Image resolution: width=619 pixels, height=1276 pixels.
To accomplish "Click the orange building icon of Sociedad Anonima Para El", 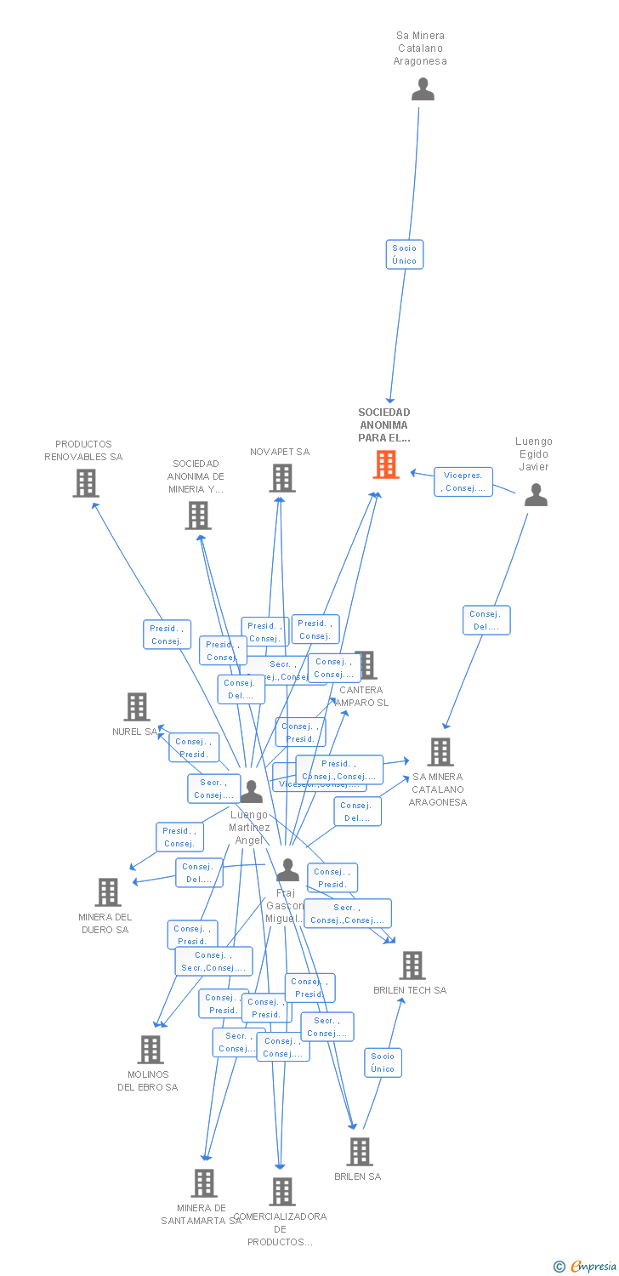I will [386, 464].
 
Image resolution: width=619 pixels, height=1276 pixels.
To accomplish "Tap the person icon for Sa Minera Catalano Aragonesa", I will [423, 89].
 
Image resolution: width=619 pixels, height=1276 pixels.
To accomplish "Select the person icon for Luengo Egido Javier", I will [536, 494].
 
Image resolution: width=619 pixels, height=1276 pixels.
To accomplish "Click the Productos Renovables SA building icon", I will [85, 483].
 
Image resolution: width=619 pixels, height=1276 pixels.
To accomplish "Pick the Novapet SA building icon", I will [282, 478].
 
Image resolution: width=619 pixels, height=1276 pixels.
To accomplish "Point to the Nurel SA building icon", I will [137, 706].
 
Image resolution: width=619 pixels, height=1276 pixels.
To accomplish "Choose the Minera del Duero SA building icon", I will [108, 891].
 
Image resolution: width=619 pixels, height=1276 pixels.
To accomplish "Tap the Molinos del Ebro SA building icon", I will [150, 1050].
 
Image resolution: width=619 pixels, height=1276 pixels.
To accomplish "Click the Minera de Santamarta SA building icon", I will [204, 1182].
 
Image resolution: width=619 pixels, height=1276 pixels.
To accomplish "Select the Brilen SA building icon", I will [360, 1151].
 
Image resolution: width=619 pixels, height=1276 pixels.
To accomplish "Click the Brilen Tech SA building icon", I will [412, 966].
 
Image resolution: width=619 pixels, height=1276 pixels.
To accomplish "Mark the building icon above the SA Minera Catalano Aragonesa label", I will [440, 752].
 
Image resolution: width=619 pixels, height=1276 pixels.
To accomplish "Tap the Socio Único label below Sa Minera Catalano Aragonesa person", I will [405, 254].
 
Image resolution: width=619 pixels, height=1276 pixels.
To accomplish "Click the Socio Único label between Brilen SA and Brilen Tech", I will [383, 1062].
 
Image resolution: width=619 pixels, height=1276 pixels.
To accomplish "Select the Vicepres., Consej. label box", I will [463, 481].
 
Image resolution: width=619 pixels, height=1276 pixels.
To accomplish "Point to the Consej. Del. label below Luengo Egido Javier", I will [486, 620].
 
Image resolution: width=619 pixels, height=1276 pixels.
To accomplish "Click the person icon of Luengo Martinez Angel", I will [251, 791].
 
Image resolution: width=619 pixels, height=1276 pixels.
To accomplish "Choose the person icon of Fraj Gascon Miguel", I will [288, 869].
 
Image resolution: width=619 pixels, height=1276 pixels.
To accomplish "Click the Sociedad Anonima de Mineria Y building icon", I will [198, 516].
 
